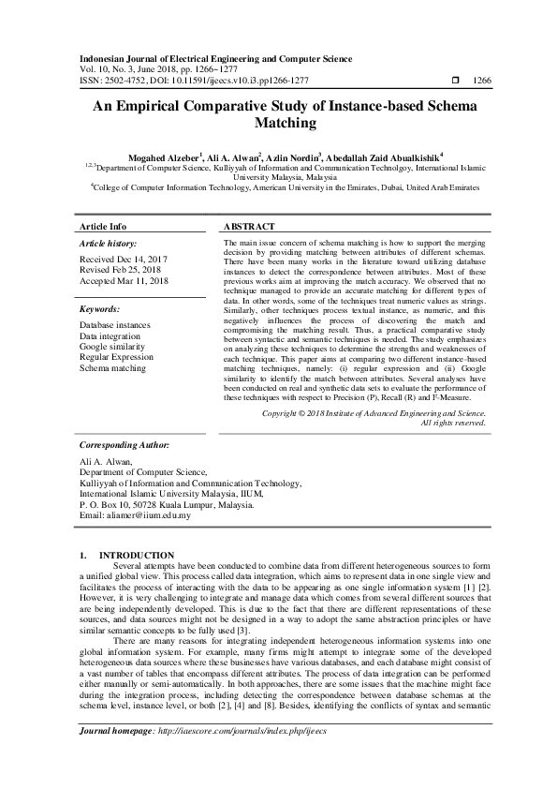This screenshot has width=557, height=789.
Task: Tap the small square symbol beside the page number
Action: tap(454, 81)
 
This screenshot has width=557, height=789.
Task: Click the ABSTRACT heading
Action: tap(249, 227)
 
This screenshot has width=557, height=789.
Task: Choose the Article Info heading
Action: tap(103, 227)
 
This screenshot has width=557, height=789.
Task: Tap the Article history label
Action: tap(109, 244)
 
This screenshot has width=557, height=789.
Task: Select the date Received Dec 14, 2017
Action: tap(124, 260)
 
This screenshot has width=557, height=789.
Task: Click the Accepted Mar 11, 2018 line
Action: tap(124, 280)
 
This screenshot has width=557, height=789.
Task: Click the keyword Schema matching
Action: tap(114, 368)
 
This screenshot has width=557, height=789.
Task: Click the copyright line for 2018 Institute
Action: tap(374, 412)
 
